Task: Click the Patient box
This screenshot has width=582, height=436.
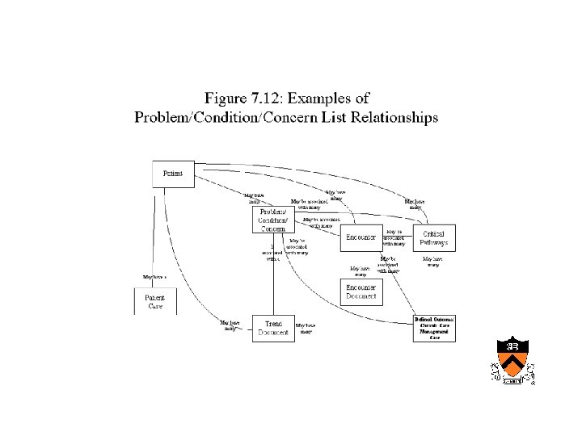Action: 173,174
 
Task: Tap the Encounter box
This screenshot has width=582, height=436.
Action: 361,237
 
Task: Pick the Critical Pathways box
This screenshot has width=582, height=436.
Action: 434,237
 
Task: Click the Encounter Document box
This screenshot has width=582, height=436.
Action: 361,292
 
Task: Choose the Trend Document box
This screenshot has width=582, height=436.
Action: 273,328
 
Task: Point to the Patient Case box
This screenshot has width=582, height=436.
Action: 154,301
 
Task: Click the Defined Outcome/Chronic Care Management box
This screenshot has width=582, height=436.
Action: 434,329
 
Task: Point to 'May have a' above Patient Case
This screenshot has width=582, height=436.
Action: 154,277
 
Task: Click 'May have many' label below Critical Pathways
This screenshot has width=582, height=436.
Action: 433,262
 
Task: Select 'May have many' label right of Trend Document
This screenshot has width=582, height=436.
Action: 306,328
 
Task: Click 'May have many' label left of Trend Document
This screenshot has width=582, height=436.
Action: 230,325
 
